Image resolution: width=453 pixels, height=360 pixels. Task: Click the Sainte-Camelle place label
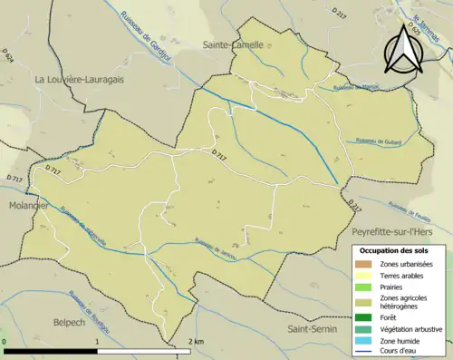click(234, 44)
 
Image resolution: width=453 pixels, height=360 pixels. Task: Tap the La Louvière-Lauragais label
click(80, 79)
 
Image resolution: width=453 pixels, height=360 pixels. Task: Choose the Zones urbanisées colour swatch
click(364, 264)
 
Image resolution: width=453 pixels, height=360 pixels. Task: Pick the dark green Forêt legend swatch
click(364, 316)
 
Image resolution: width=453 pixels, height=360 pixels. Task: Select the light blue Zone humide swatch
click(364, 341)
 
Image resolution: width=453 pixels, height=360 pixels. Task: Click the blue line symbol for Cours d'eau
click(364, 353)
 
